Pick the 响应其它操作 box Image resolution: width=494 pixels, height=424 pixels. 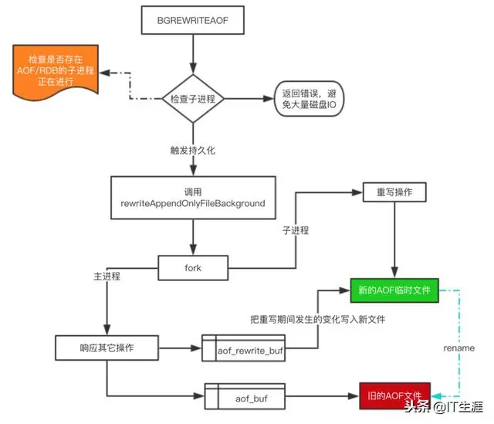(x=107, y=348)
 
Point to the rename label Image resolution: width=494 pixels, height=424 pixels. (x=460, y=348)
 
